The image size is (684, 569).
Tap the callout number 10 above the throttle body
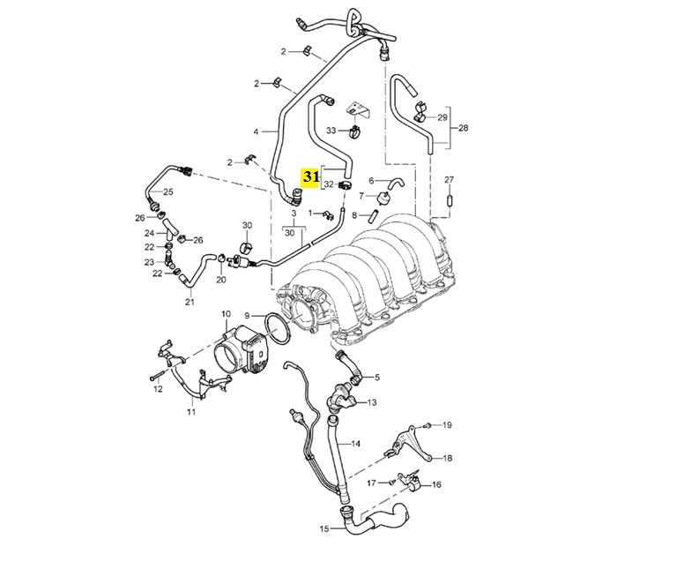click(x=226, y=314)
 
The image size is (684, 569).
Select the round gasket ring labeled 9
click(x=276, y=329)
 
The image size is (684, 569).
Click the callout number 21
click(x=189, y=302)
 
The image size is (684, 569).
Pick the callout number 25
click(x=167, y=191)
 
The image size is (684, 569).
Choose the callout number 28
click(x=464, y=127)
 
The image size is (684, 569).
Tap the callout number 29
click(x=442, y=116)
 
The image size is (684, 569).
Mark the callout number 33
click(x=331, y=131)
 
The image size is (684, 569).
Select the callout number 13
click(x=372, y=402)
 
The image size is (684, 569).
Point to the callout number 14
click(x=357, y=443)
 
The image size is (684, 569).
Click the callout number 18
click(x=448, y=458)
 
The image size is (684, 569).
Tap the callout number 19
click(x=447, y=425)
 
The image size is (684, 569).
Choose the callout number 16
click(x=436, y=485)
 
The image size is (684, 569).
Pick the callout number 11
click(x=190, y=412)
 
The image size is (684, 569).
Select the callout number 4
click(x=256, y=131)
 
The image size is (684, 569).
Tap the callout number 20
click(x=220, y=280)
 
